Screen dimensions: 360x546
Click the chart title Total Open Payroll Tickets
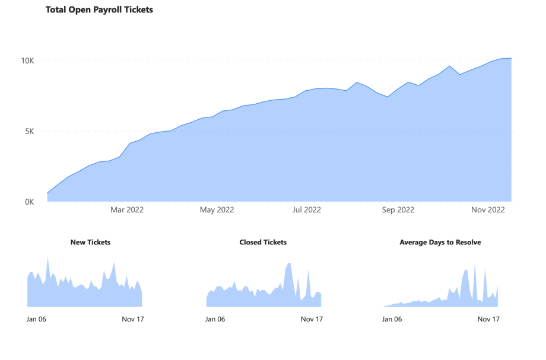[x=99, y=9]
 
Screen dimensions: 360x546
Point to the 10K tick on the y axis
[x=28, y=60]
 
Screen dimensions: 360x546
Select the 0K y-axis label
[x=30, y=202]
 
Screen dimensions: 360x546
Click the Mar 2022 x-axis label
[x=127, y=210]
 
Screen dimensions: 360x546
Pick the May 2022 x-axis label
[x=217, y=210]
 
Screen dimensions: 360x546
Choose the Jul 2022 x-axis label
[x=307, y=210]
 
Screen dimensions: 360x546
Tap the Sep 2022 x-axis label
[x=398, y=210]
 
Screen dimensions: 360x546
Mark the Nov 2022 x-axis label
[x=488, y=210]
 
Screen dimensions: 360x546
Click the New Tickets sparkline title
[x=90, y=242]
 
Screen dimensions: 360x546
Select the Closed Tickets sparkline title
[x=263, y=242]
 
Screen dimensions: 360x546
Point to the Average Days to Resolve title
[x=440, y=242]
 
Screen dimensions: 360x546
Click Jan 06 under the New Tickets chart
[x=36, y=319]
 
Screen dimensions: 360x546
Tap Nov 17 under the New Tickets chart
[x=133, y=319]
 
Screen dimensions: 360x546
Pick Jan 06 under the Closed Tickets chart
[x=215, y=319]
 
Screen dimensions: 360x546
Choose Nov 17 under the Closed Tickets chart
[x=312, y=319]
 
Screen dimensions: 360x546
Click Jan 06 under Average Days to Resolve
[x=392, y=319]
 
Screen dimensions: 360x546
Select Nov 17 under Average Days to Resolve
[x=488, y=319]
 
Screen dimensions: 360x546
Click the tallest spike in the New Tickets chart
[x=47, y=261]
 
